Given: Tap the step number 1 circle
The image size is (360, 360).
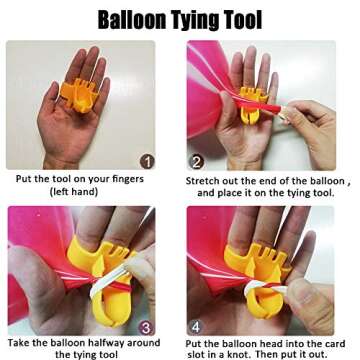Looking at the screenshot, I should tap(147, 160).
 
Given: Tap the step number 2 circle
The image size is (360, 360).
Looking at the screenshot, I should tap(197, 160).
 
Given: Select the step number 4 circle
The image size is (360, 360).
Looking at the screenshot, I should tap(197, 325).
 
